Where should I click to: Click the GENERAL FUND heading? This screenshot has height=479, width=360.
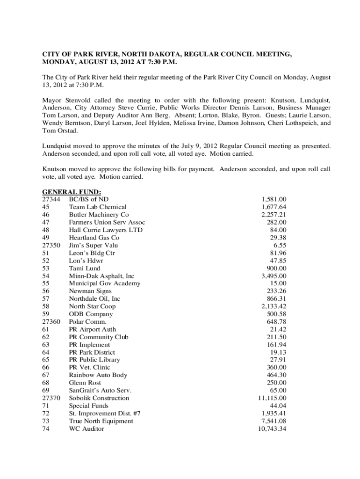pos(72,192)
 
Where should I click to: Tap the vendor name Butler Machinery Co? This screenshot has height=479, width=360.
pos(99,215)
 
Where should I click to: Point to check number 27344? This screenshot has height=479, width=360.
pos(51,199)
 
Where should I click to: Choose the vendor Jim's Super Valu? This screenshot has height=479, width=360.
pos(94,245)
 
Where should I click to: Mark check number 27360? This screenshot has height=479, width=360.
pos(51,322)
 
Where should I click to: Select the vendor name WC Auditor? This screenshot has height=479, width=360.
pos(86,428)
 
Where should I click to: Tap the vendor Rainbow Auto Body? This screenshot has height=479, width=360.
pos(98,375)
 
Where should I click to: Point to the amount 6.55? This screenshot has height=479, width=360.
pos(280,245)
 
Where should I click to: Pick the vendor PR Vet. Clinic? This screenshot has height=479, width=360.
pos(89,367)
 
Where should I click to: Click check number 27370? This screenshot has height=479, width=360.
pos(51,398)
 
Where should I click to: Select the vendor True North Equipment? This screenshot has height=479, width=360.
pos(101,421)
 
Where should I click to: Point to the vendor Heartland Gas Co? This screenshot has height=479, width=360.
pos(94,238)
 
